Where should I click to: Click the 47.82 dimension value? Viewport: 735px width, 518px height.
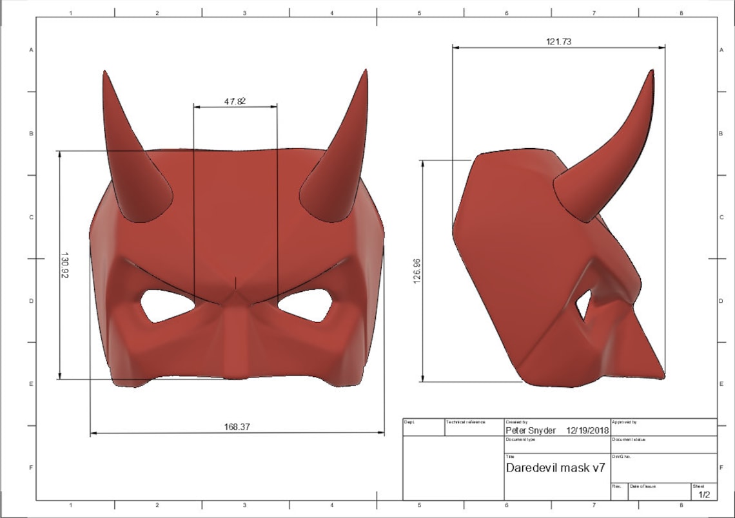coord(235,101)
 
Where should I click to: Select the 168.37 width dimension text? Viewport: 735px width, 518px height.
coord(237,427)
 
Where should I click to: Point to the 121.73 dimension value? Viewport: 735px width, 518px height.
coord(559,41)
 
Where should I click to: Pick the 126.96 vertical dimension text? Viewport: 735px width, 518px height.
coord(417,271)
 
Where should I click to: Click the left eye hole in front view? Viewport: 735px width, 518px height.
coord(167,305)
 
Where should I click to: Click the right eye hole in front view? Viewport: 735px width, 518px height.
coord(306,305)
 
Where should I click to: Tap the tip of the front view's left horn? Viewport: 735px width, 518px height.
coord(104,73)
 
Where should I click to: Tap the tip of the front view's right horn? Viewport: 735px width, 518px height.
coord(366,72)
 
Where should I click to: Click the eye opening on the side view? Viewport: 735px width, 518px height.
coord(584,305)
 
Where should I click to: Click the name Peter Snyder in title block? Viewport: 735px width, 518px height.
coord(530,430)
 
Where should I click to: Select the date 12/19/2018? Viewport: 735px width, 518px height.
coord(587,430)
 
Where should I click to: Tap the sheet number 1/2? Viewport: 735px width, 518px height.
coord(703,495)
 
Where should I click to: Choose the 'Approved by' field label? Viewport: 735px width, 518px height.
coord(623,422)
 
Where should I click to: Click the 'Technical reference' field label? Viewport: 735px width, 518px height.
coord(465,422)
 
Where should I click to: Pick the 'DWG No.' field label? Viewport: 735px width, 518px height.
coord(621,457)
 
